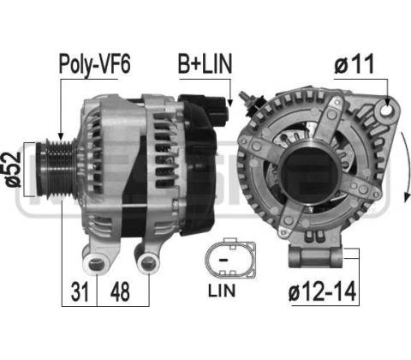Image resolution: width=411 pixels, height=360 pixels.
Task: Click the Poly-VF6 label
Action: (94, 64)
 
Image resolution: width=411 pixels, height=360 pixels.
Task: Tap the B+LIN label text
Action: (205, 63)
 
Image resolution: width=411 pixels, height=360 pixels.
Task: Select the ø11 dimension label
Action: (354, 64)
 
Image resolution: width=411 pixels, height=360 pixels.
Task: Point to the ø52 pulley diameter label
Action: (13, 170)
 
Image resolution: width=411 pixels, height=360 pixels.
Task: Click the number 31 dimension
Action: (80, 291)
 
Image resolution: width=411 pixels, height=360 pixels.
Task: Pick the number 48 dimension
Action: (120, 291)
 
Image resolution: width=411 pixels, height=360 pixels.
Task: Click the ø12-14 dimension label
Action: (322, 291)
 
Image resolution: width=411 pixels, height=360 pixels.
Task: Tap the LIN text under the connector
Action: (222, 291)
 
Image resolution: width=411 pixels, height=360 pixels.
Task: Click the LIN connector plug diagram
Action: (230, 258)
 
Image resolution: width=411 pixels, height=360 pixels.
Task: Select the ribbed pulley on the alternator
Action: (57, 170)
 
